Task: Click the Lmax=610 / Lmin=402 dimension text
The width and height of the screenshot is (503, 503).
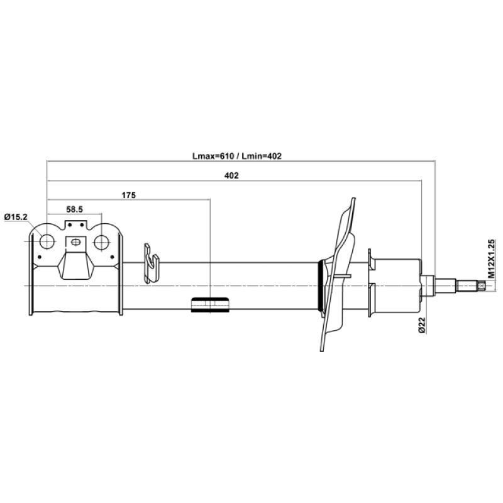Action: pos(237,156)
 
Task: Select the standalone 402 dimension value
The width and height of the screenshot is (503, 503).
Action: pos(231,175)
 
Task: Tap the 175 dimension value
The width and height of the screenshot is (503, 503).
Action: pos(129,195)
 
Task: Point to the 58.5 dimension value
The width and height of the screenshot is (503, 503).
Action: pos(74,209)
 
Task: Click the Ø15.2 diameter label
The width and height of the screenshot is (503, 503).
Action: pos(16,217)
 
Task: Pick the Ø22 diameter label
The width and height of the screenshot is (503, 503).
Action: pos(421,325)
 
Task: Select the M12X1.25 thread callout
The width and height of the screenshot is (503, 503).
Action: pos(491,258)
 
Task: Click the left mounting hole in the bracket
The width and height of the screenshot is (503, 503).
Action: pos(47,242)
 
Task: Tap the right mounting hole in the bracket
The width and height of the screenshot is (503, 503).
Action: pos(102,242)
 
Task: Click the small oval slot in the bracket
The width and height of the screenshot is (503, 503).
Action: pos(75,242)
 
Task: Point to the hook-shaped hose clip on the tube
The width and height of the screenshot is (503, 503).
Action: pos(152,263)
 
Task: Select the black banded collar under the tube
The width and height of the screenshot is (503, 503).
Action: pos(210,305)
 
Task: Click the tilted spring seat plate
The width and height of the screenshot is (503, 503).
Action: pos(338,274)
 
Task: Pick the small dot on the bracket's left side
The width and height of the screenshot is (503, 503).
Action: pos(40,257)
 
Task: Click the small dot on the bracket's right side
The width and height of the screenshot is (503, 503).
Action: pos(113,257)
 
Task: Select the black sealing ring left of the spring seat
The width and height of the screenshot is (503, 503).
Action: pos(320,286)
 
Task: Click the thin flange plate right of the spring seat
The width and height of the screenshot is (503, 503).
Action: pos(370,283)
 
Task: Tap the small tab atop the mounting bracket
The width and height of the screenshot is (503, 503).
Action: pos(76,225)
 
